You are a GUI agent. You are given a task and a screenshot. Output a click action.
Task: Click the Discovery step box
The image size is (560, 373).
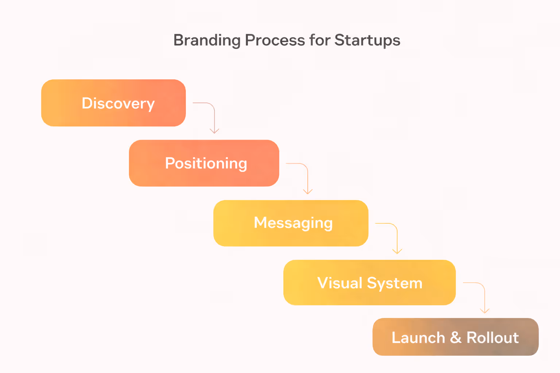(x=113, y=103)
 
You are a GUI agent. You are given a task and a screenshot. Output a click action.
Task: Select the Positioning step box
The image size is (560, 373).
(x=204, y=163)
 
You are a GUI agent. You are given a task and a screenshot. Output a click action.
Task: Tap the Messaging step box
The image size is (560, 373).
(x=291, y=223)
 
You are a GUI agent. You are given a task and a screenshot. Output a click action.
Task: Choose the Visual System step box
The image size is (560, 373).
(x=369, y=283)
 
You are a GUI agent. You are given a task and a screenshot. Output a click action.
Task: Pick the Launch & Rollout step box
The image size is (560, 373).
(x=455, y=337)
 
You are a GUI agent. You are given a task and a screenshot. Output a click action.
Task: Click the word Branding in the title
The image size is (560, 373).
(x=207, y=40)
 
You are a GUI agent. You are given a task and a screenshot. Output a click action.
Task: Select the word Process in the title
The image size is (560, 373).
(x=275, y=40)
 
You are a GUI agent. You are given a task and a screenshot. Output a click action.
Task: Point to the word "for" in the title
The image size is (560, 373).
(x=320, y=40)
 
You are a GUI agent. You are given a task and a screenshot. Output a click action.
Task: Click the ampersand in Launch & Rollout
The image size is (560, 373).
(x=456, y=337)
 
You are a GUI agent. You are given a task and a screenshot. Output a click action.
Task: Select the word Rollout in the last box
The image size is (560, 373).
(x=493, y=337)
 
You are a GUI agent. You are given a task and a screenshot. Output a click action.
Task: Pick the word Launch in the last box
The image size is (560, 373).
(x=418, y=337)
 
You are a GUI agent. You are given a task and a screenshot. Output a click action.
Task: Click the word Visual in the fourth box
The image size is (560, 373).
(x=340, y=283)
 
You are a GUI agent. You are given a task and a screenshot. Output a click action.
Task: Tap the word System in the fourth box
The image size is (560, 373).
(x=394, y=283)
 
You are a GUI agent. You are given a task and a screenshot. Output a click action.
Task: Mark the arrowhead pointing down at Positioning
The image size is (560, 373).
(x=214, y=131)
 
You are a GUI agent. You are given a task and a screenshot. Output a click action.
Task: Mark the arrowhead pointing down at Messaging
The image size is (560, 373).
(x=308, y=192)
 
